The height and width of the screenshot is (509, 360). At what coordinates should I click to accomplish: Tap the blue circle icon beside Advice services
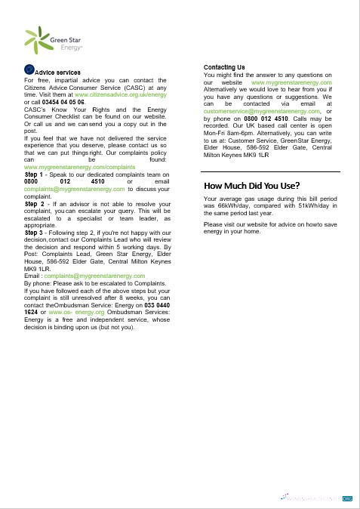coord(29,69)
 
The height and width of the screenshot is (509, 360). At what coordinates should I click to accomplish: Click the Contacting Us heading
coord(224,68)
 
